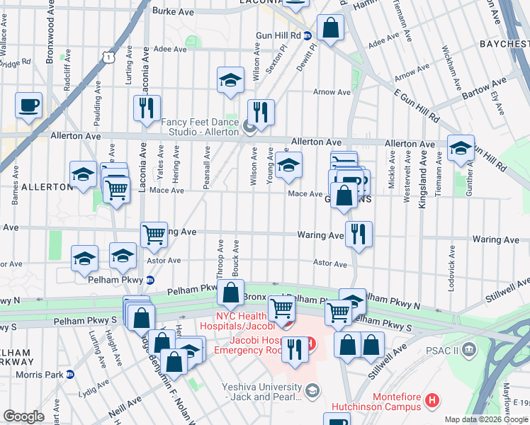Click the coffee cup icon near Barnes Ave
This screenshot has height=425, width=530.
(x=28, y=106)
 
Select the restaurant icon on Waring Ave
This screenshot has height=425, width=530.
(x=359, y=233)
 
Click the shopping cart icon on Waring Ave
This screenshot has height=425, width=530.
(x=154, y=233)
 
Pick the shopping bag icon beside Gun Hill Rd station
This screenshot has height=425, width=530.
(x=330, y=28)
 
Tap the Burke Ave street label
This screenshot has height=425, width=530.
(x=174, y=12)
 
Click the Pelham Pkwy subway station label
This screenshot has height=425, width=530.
(x=115, y=280)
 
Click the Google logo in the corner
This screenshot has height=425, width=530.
(x=24, y=416)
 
